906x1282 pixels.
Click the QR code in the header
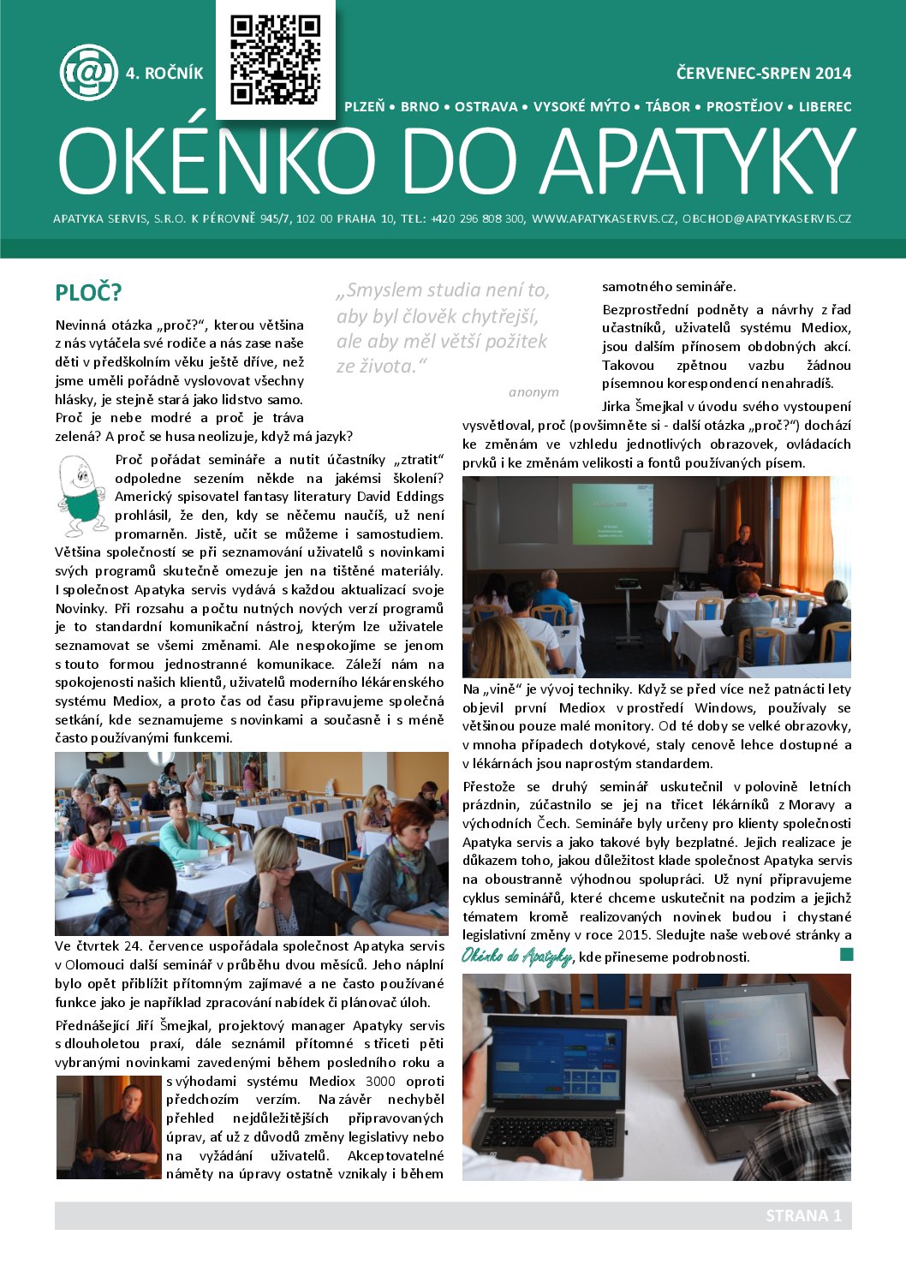tap(276, 60)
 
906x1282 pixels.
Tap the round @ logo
tap(88, 73)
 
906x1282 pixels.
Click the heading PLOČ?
tap(88, 293)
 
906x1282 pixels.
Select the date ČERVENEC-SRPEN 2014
tap(764, 74)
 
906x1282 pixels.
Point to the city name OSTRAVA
tap(486, 107)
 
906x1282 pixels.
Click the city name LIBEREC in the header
tap(825, 107)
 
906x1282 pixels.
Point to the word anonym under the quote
tap(533, 392)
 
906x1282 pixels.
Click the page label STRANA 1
tap(803, 1216)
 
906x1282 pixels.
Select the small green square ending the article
tap(846, 954)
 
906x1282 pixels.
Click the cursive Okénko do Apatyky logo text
tap(517, 957)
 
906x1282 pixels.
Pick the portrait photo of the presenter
tap(109, 1127)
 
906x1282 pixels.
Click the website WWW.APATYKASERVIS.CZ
tap(603, 219)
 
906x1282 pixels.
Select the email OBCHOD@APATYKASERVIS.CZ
tap(766, 219)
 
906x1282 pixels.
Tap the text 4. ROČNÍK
tap(164, 74)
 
